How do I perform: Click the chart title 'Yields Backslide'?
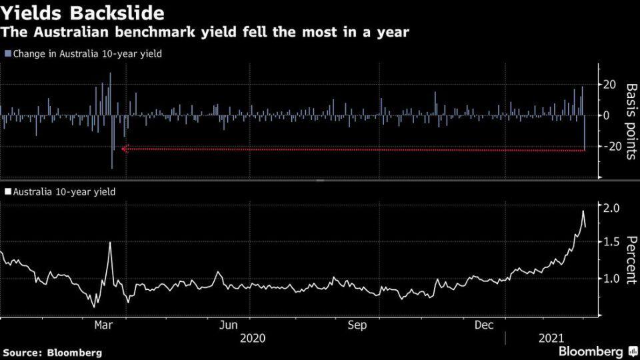click(x=83, y=13)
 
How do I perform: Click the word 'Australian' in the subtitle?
click(x=71, y=32)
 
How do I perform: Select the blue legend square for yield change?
click(x=8, y=53)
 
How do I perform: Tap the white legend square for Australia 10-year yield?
click(x=8, y=191)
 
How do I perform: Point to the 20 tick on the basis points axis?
click(x=609, y=85)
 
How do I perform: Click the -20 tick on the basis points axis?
click(x=607, y=146)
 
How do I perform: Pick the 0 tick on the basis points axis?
click(x=606, y=115)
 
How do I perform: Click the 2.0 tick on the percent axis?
click(x=611, y=208)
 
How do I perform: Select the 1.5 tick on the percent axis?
click(x=611, y=241)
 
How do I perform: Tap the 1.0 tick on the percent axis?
click(x=611, y=279)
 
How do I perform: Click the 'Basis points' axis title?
click(x=631, y=121)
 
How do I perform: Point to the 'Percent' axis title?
click(x=631, y=260)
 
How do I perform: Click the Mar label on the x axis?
click(x=103, y=325)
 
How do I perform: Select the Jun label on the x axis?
click(x=228, y=325)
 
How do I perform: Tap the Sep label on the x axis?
click(x=357, y=325)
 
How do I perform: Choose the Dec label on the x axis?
click(x=484, y=325)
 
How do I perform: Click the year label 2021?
click(x=551, y=338)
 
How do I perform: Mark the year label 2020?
click(x=253, y=338)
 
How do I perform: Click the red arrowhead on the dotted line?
click(x=125, y=149)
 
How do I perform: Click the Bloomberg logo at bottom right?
click(x=598, y=351)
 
